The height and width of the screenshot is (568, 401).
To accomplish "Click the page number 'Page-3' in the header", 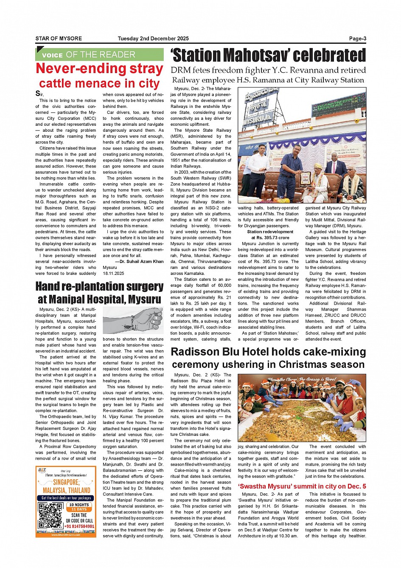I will (357, 39).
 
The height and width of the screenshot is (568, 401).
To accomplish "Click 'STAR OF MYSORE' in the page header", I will (59, 39).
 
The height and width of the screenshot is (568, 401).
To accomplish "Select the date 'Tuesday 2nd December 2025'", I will (153, 39).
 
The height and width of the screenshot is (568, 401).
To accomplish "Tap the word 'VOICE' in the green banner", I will (52, 55).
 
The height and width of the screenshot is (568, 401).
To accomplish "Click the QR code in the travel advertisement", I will (50, 515).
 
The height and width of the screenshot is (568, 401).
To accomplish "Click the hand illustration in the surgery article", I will (133, 320).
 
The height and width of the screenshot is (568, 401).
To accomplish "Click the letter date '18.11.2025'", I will (113, 274).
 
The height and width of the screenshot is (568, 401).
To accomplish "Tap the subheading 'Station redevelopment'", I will (270, 232).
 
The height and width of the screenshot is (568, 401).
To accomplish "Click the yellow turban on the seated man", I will (318, 166).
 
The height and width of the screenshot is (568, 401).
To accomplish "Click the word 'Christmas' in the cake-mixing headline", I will (304, 365).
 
